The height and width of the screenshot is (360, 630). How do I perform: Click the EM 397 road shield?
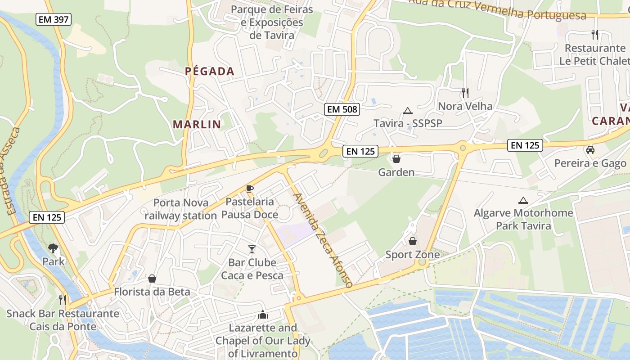[x=54, y=19]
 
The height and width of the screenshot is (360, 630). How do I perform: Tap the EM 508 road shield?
[x=342, y=109]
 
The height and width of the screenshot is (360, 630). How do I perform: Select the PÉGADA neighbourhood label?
[x=210, y=71]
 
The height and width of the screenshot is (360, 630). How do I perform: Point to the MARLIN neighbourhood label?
[x=197, y=124]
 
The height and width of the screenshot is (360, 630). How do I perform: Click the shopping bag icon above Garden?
[x=396, y=159]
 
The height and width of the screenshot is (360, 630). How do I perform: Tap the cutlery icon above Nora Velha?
[x=465, y=93]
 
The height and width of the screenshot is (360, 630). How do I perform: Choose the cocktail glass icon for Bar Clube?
[x=252, y=249]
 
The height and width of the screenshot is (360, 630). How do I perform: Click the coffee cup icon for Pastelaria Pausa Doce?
[x=250, y=189]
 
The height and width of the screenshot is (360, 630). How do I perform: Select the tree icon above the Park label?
[x=53, y=248]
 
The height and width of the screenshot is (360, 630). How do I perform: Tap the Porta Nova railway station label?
[x=181, y=209]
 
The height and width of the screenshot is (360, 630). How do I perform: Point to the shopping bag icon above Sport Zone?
[x=413, y=241]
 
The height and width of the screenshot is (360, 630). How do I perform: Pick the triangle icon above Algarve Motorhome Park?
[x=523, y=200]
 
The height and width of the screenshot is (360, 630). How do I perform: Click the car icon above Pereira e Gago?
[x=590, y=150]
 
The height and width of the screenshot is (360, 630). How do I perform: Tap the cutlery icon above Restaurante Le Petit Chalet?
[x=595, y=34]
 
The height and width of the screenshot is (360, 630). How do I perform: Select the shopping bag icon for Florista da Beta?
[x=152, y=279]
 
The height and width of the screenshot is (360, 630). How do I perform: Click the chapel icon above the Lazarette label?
[x=263, y=315]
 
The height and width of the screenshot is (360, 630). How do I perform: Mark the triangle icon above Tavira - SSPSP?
[x=408, y=111]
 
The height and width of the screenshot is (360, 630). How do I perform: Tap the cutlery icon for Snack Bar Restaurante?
[x=63, y=300]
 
